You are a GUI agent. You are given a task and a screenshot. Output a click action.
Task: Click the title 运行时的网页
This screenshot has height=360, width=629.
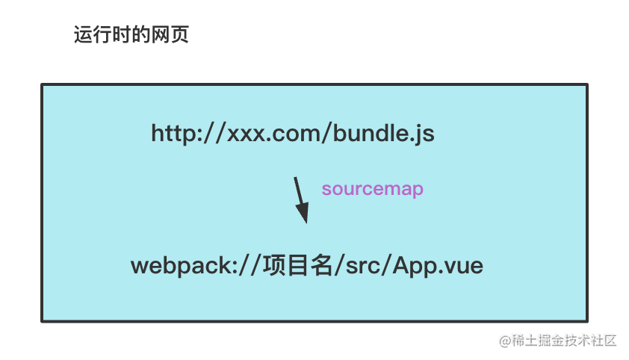[x=131, y=35]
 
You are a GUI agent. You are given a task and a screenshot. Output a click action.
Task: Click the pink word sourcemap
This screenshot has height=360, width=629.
[x=373, y=190]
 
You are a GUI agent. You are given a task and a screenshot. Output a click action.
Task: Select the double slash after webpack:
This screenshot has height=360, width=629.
[x=248, y=266]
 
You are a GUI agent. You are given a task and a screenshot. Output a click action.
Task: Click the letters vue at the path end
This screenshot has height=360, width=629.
[x=465, y=267]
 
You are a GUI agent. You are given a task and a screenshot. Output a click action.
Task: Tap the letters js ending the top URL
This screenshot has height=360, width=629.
[x=424, y=135]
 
